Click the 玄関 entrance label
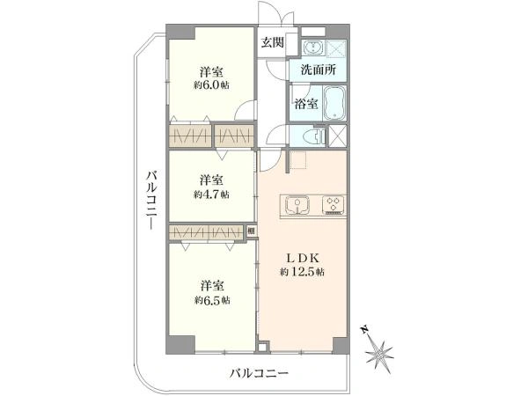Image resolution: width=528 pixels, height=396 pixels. (x=272, y=43)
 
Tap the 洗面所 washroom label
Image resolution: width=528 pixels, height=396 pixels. (x=318, y=70)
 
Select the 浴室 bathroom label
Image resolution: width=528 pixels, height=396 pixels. (x=306, y=104)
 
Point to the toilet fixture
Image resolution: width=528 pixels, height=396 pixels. (x=311, y=137)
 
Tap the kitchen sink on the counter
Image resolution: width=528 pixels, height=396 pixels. (x=298, y=205)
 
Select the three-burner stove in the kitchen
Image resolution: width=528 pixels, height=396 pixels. (x=334, y=205)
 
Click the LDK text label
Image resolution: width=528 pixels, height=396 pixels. (x=302, y=258)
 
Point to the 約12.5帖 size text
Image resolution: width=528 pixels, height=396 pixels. (x=302, y=272)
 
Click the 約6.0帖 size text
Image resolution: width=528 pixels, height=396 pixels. (x=212, y=84)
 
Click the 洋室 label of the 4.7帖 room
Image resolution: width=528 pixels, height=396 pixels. (x=211, y=178)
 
